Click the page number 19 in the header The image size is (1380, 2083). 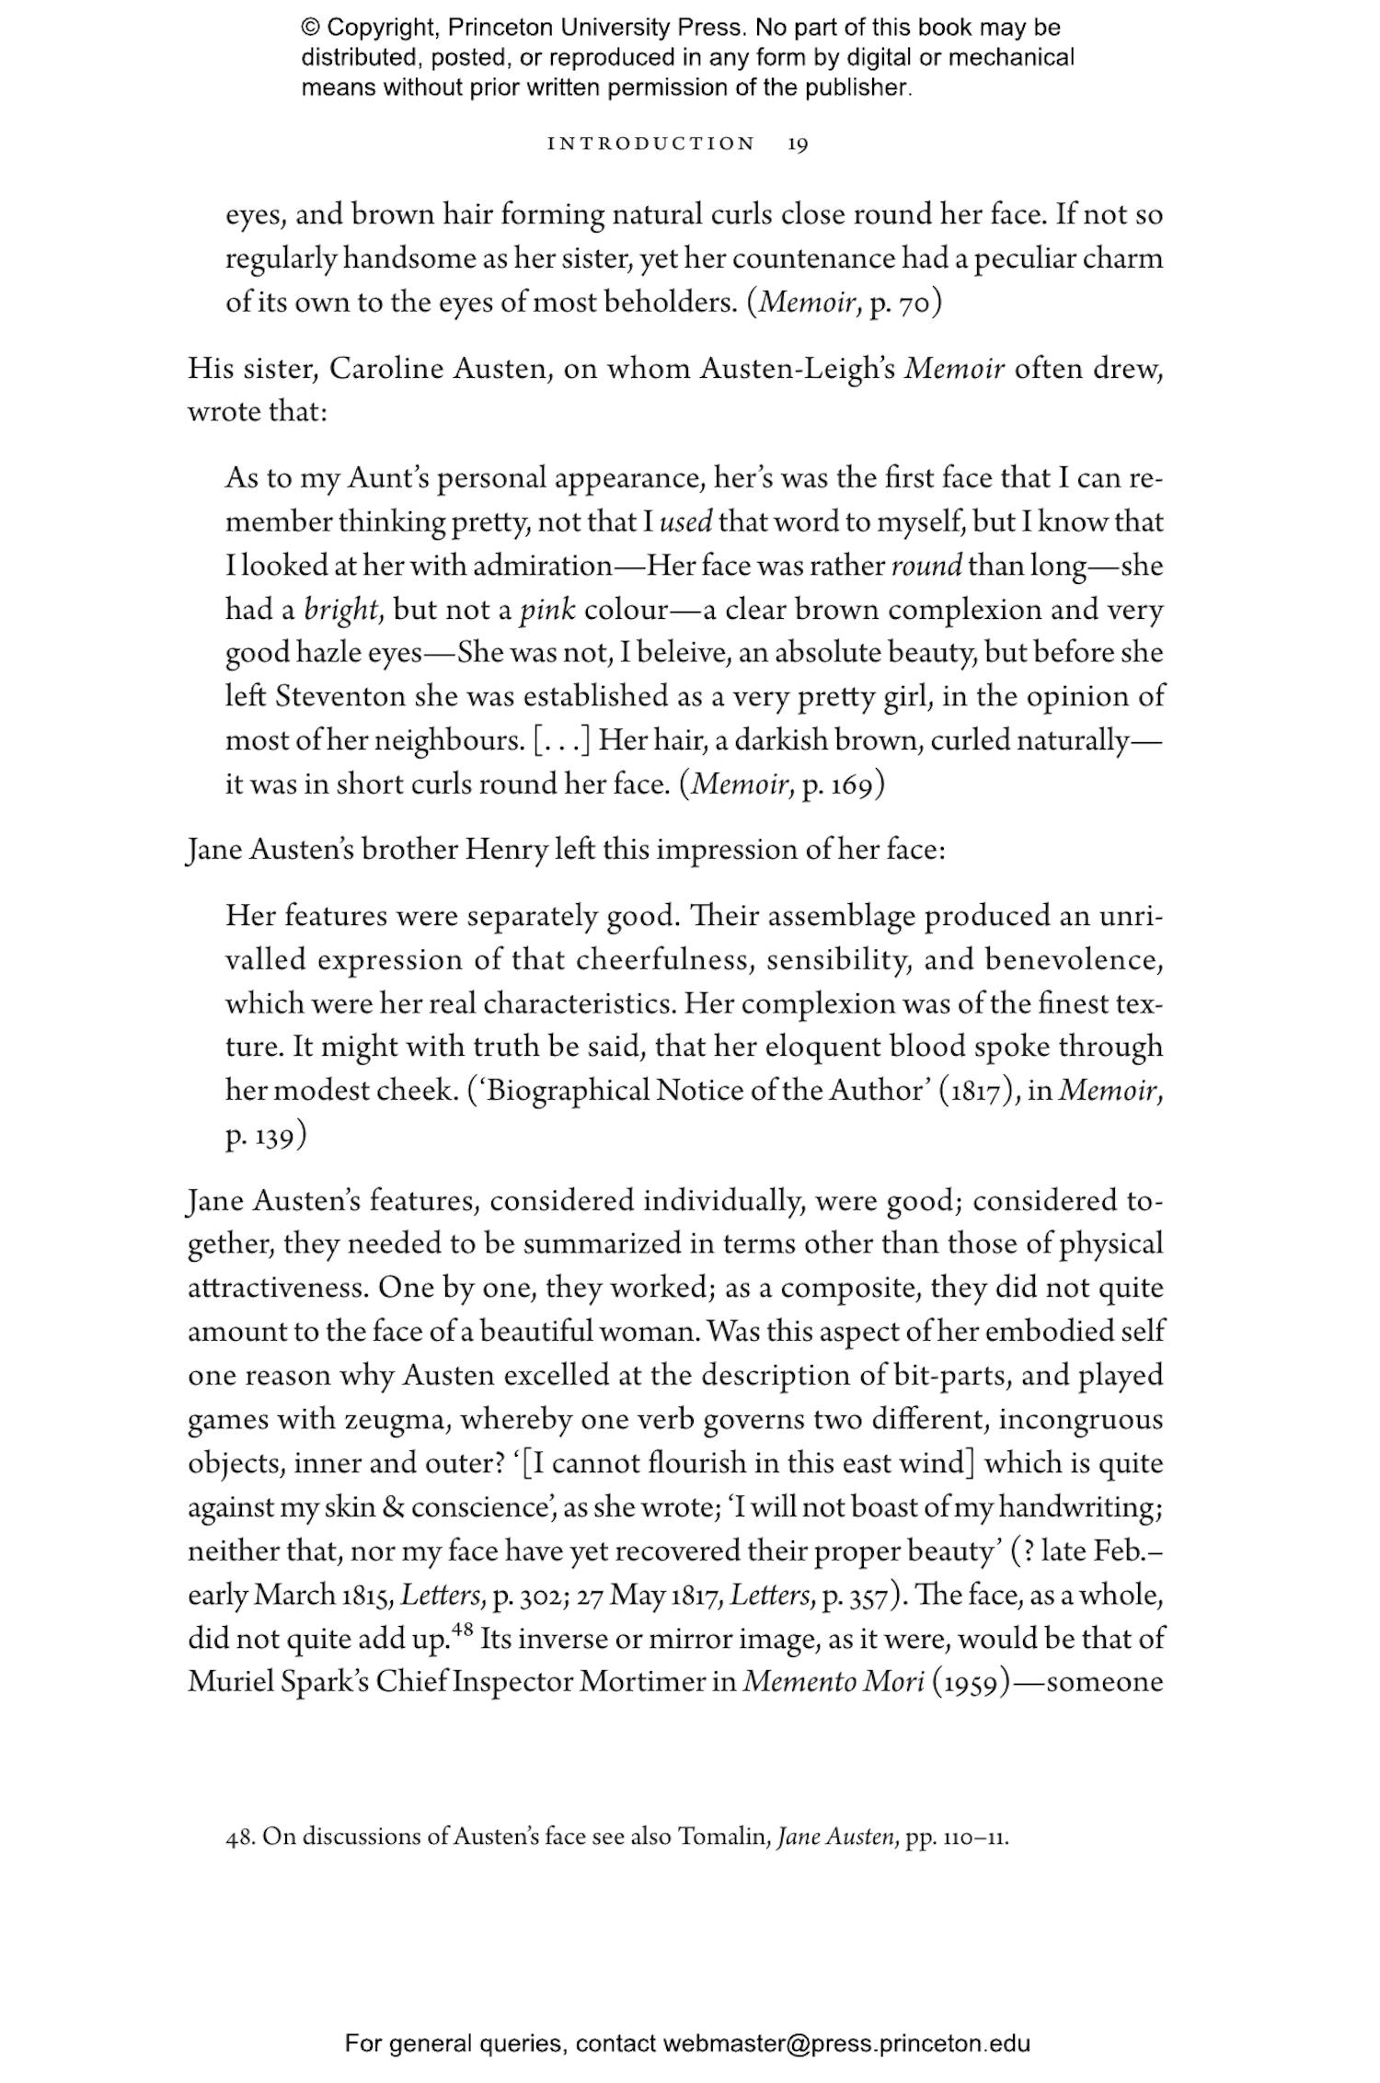tap(798, 144)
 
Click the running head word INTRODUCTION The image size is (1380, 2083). tap(650, 144)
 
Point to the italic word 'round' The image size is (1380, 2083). tap(926, 566)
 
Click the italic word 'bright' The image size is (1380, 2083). tap(342, 610)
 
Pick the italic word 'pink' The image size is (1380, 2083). tap(547, 610)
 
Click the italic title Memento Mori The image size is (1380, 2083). tap(833, 1682)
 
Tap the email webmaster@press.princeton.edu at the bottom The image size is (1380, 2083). tap(845, 2044)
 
